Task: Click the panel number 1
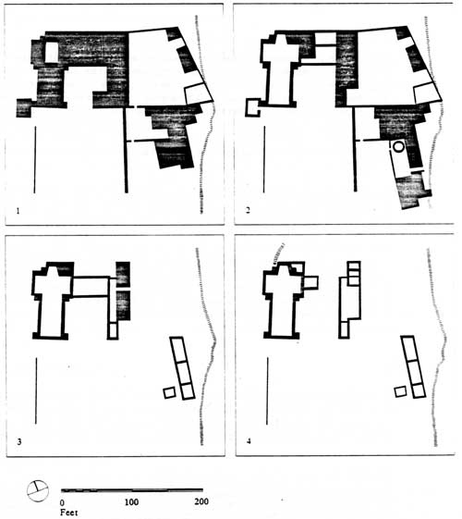point(18,211)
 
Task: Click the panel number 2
point(249,210)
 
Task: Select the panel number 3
point(19,441)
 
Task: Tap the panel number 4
point(249,441)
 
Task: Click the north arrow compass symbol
point(37,491)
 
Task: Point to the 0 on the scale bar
point(63,502)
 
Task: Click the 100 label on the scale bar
point(131,501)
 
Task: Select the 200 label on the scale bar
point(201,501)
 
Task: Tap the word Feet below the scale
point(68,513)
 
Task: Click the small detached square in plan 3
point(169,392)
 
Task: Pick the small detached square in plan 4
point(400,391)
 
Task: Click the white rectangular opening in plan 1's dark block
point(51,53)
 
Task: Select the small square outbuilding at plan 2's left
point(253,107)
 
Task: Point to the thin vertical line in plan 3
point(36,390)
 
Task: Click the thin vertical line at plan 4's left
point(267,390)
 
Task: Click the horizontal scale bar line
point(132,490)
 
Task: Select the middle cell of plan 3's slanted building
point(183,373)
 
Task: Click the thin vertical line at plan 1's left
point(34,159)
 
